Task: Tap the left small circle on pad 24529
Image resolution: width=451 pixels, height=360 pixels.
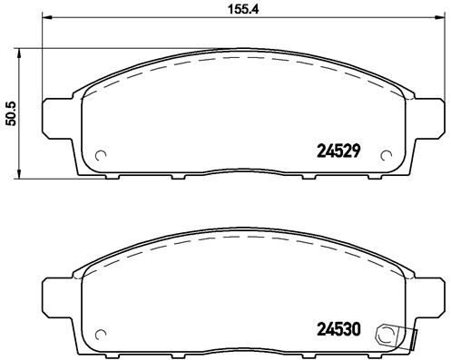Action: click(102, 153)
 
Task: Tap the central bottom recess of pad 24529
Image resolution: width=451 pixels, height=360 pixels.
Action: click(244, 169)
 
